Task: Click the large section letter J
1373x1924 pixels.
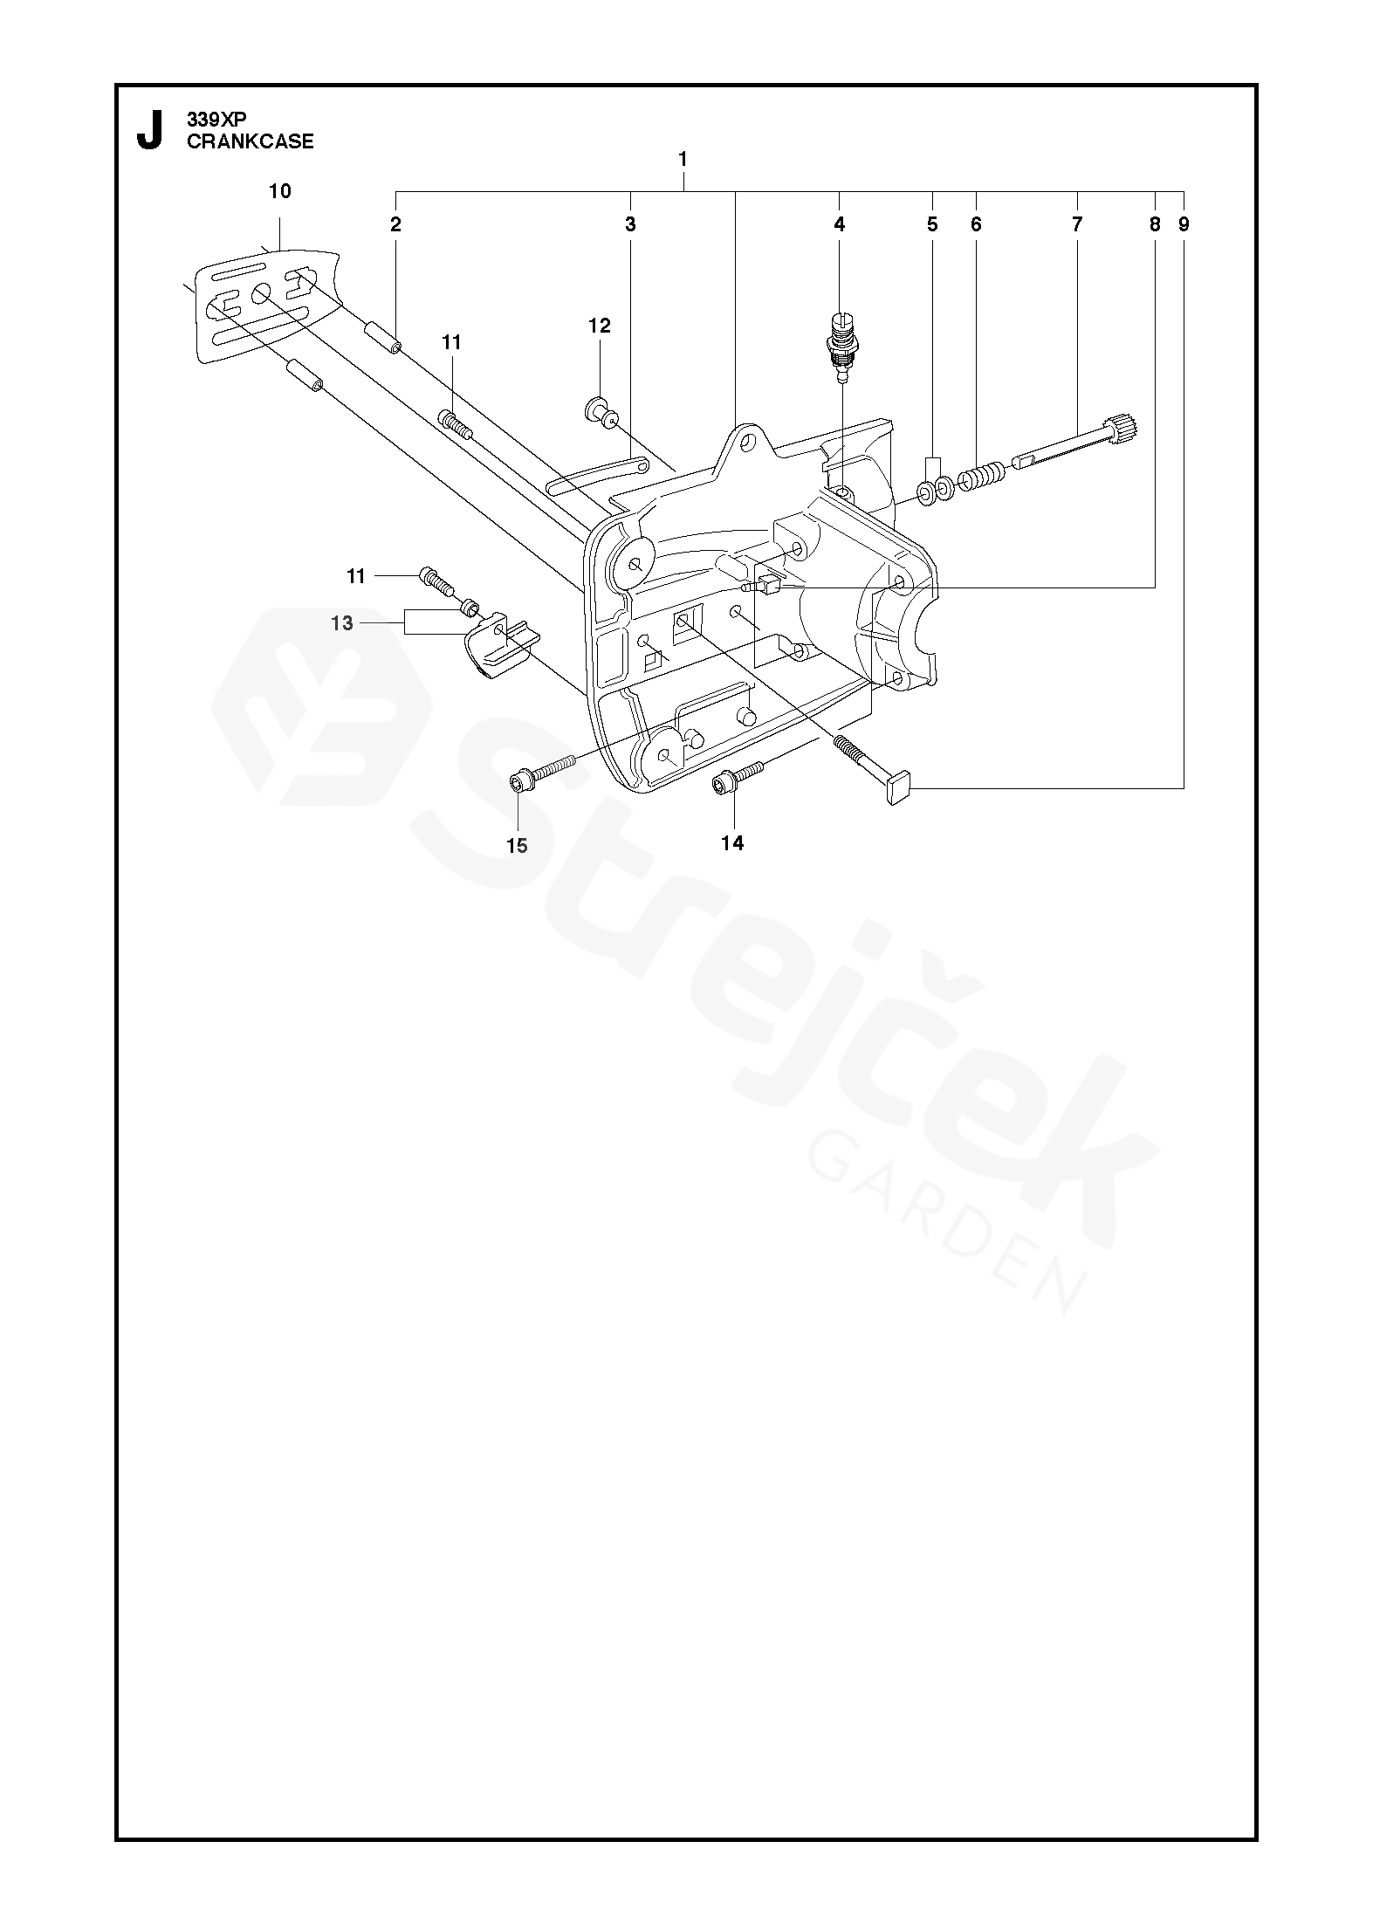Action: (x=150, y=130)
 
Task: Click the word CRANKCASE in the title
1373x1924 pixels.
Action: (x=251, y=142)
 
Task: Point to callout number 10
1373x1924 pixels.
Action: (x=280, y=191)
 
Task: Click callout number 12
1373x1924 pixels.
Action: (x=600, y=326)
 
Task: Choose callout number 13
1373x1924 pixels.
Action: (x=342, y=622)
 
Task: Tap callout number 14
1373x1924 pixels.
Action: (x=732, y=842)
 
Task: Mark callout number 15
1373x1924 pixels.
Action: (x=517, y=845)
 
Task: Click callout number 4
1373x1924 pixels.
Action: (x=840, y=224)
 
